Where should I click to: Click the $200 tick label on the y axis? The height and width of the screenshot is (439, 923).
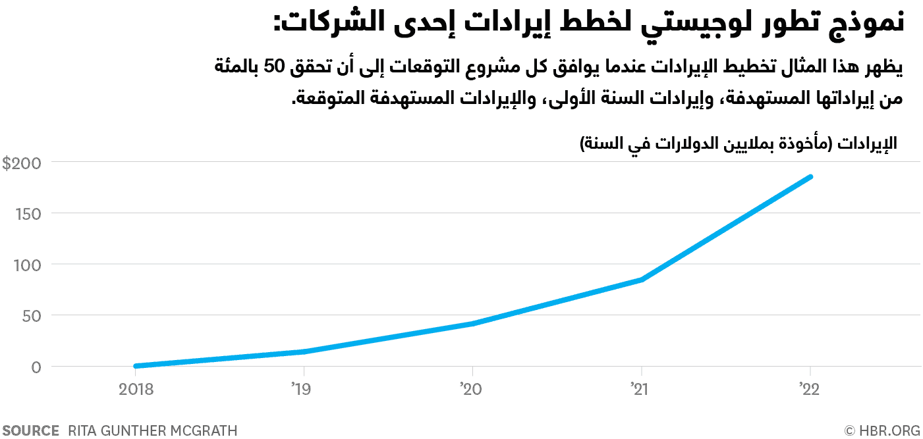pyautogui.click(x=22, y=163)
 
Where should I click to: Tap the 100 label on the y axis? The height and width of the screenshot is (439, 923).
pyautogui.click(x=26, y=265)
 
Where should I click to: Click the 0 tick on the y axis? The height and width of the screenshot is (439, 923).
pyautogui.click(x=36, y=367)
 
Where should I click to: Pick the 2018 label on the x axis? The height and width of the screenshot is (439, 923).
pyautogui.click(x=136, y=389)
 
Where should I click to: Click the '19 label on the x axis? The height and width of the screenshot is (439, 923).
pyautogui.click(x=302, y=389)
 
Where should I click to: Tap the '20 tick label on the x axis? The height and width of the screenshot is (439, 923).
pyautogui.click(x=472, y=389)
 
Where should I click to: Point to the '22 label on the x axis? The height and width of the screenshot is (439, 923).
pyautogui.click(x=809, y=389)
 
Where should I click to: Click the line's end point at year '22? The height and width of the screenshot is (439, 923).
pyautogui.click(x=810, y=177)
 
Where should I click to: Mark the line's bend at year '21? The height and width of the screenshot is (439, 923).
pyautogui.click(x=641, y=280)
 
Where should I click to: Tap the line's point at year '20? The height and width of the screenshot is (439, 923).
pyautogui.click(x=472, y=324)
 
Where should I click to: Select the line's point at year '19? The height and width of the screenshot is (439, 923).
pyautogui.click(x=304, y=351)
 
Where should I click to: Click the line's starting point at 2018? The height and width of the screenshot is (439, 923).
pyautogui.click(x=136, y=366)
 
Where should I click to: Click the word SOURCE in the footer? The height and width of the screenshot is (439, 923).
pyautogui.click(x=31, y=430)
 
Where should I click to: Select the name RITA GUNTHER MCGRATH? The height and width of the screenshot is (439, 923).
pyautogui.click(x=152, y=430)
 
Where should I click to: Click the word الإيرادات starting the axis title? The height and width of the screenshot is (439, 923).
pyautogui.click(x=867, y=144)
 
